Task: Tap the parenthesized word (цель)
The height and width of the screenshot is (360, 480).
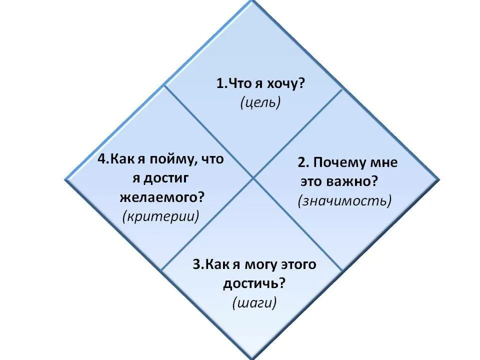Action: [x=260, y=102]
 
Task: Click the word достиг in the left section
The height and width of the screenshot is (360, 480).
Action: [x=167, y=178]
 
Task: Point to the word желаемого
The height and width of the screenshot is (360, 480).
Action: [x=159, y=197]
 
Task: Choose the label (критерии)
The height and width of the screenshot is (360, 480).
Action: [x=160, y=216]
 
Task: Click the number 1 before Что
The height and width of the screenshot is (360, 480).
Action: [x=219, y=84]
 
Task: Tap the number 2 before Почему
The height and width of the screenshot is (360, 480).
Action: [x=301, y=162]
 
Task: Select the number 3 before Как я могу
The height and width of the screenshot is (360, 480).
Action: [x=195, y=264]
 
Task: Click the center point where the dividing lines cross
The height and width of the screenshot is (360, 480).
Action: [x=253, y=177]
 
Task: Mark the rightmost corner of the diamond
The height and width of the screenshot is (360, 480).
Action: [x=440, y=178]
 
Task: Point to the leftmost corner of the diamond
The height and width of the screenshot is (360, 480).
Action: [x=65, y=178]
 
